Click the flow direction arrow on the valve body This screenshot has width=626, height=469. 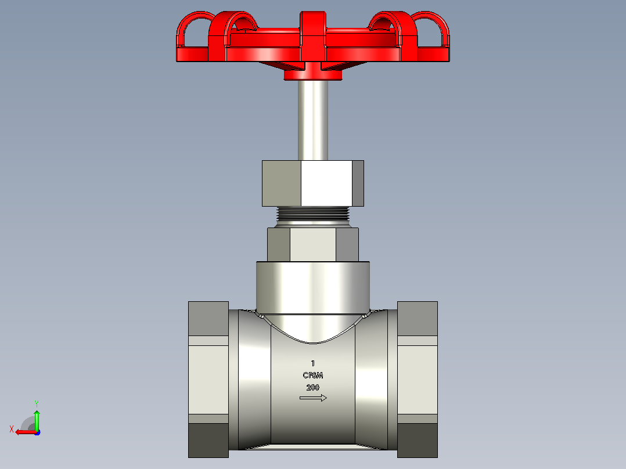[313, 398]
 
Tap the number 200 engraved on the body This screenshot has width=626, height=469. [313, 387]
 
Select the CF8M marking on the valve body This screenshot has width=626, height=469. [313, 375]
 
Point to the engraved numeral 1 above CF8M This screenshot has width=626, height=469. [313, 363]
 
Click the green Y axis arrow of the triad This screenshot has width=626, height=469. [37, 419]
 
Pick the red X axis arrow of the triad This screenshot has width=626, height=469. [26, 432]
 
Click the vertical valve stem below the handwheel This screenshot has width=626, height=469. [313, 120]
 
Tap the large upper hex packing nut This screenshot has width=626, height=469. [313, 183]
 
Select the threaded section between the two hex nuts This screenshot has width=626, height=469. [313, 214]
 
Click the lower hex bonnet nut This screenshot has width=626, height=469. [313, 244]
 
